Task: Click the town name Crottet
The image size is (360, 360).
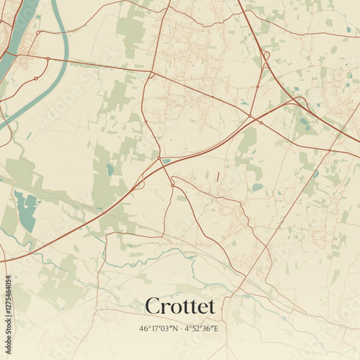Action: point(180,306)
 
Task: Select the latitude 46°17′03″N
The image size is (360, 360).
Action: point(160,329)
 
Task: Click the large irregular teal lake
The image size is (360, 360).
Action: point(26,211)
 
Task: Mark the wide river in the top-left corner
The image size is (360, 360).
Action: point(16,36)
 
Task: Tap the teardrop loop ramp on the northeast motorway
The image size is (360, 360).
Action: point(266,55)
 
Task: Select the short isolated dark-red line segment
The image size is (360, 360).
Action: point(217,176)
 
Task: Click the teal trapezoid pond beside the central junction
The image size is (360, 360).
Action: point(167,161)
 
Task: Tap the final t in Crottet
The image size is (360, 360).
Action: point(211,307)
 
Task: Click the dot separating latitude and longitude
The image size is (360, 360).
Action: point(180,329)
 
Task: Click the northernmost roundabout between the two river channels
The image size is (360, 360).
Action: point(48,58)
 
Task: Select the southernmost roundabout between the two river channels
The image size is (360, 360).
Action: point(35,78)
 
